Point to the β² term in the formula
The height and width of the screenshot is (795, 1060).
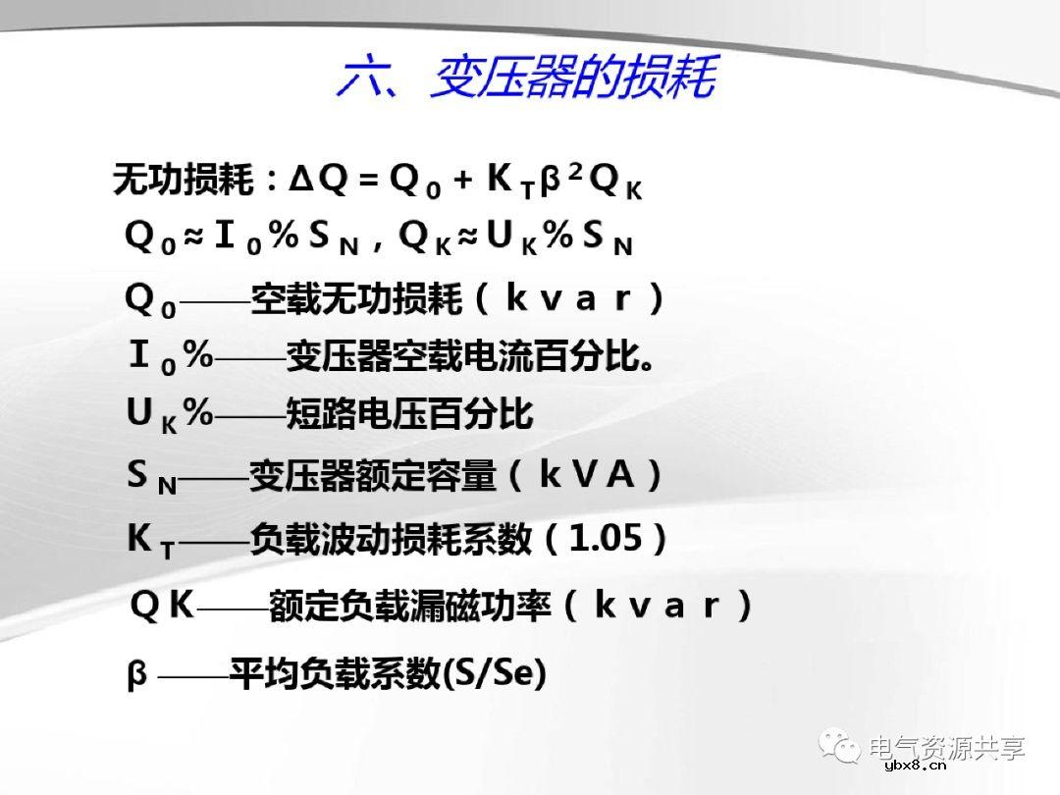coord(562,178)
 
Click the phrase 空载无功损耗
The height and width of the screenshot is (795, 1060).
coord(356,298)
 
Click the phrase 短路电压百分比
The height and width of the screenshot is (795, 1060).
coord(408,415)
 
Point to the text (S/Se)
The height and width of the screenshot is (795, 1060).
coord(495,674)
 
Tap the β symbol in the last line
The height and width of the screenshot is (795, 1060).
coord(137,675)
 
